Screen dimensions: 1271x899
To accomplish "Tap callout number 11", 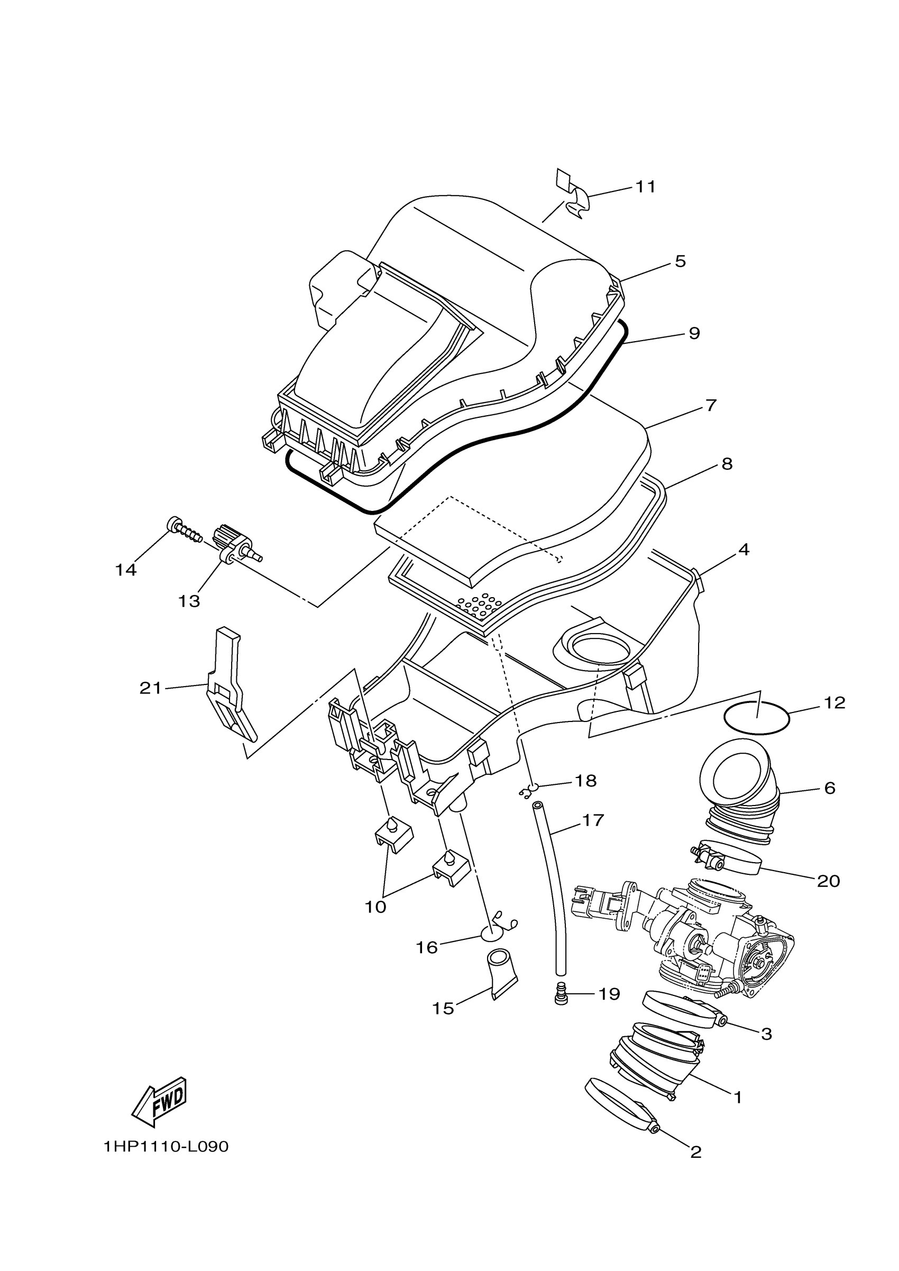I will pos(645,187).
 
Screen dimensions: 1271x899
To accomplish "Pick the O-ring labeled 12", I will pos(757,720).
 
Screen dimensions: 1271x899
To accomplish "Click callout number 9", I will pos(694,333).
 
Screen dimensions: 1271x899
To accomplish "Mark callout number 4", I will pos(744,550).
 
